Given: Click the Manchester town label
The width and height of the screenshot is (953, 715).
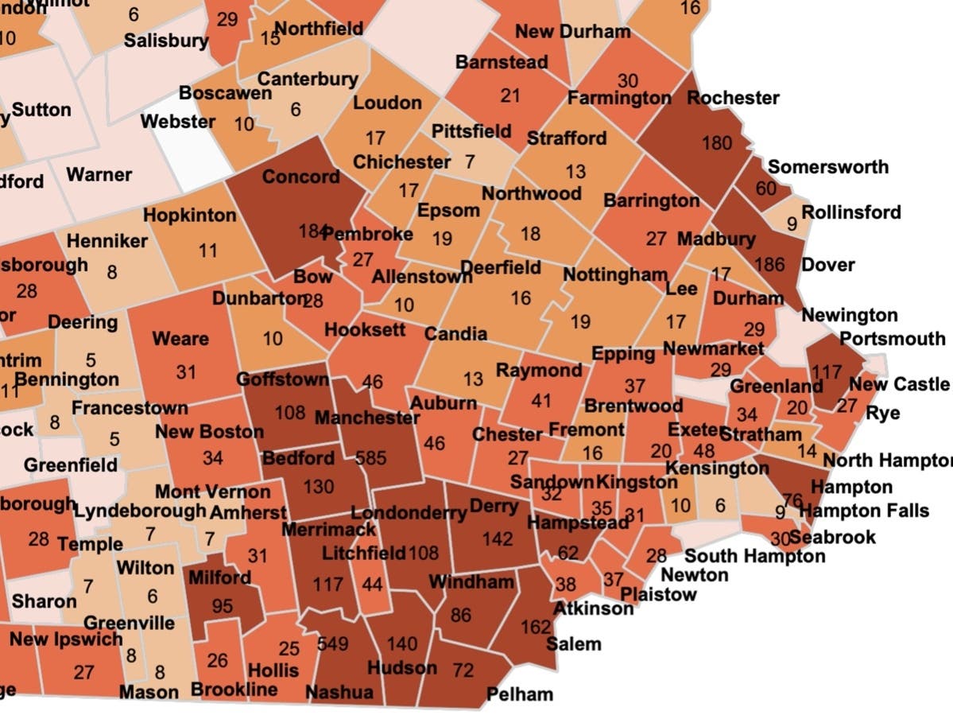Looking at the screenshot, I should (367, 418).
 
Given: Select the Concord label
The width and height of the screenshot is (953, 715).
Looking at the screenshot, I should (301, 176).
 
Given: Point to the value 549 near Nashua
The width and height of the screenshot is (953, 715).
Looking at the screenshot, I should (333, 643).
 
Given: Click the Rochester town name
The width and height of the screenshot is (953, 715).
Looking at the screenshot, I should (733, 98).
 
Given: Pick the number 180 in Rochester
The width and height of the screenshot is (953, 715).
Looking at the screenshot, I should (717, 143).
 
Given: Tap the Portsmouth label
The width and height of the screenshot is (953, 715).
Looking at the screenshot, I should (893, 338).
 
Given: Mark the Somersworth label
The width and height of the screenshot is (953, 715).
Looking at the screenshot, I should (828, 167).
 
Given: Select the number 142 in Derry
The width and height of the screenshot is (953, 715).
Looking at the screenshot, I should (498, 538).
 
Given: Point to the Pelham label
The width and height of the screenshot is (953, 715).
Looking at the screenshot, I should (519, 694).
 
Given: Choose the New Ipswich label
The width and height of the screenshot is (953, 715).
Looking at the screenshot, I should (67, 638).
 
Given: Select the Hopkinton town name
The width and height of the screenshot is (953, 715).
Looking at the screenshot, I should (190, 215).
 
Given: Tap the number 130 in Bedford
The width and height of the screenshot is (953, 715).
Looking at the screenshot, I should (318, 486).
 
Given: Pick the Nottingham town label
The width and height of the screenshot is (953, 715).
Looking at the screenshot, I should (615, 274).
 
